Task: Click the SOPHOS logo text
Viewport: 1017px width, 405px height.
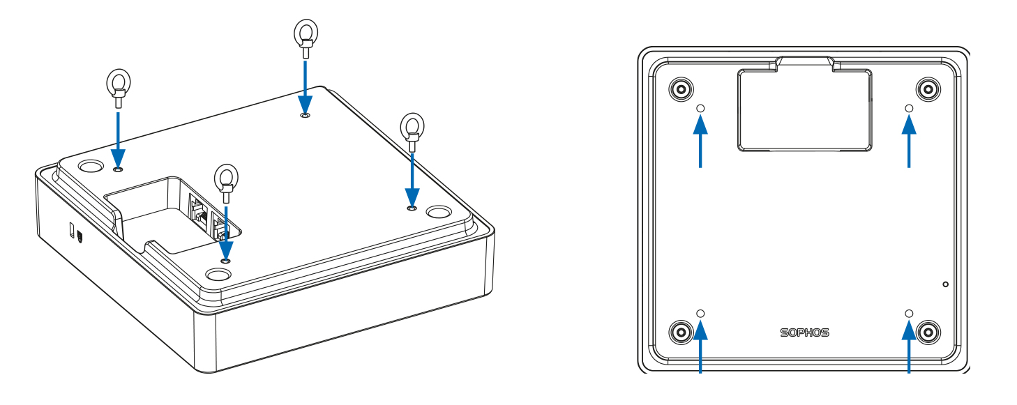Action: [804, 333]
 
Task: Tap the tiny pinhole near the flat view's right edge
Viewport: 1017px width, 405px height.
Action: [945, 284]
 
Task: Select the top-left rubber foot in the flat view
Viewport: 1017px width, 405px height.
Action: [680, 89]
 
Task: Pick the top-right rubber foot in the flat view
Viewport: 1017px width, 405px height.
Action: [928, 89]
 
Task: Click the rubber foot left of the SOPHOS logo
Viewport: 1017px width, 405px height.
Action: [680, 331]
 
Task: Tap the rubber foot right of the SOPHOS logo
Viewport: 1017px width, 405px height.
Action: [928, 331]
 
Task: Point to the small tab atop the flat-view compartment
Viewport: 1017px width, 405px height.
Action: [804, 63]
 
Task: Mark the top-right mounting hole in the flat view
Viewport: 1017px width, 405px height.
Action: [909, 108]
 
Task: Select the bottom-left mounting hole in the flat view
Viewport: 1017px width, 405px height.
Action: [701, 313]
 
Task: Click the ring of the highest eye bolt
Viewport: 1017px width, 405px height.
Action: [305, 32]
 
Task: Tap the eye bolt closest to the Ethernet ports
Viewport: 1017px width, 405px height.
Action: [225, 181]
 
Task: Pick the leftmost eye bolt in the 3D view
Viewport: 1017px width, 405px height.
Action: [117, 84]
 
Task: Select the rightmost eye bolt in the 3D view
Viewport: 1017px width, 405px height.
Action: [412, 128]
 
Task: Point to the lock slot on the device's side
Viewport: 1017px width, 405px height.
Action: [73, 229]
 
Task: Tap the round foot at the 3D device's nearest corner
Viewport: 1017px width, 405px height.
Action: [218, 275]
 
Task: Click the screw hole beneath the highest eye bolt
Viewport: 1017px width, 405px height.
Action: [305, 115]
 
